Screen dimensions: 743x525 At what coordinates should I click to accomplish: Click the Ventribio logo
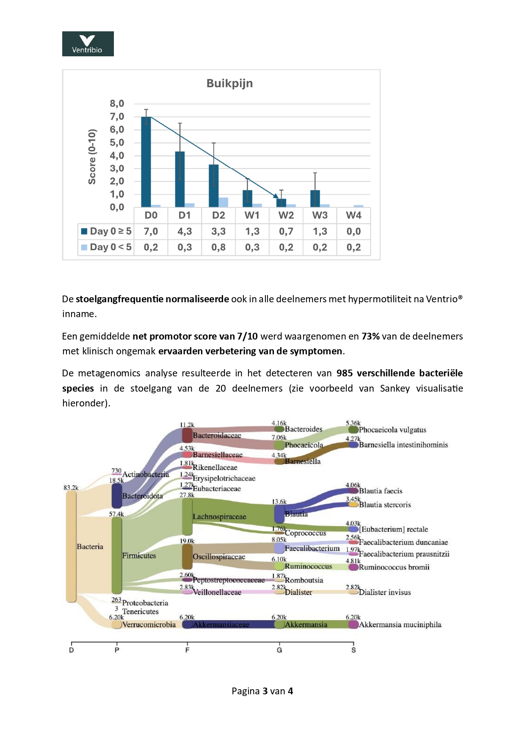coord(88,44)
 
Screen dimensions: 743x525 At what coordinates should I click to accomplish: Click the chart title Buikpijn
coord(229,83)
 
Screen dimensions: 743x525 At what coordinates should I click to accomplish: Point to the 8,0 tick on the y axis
coord(117,104)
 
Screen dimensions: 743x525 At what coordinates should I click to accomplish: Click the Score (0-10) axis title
coord(92,157)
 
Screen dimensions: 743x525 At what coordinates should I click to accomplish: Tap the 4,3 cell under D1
coord(185,232)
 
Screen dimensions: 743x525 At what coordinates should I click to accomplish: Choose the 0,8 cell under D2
coord(218,247)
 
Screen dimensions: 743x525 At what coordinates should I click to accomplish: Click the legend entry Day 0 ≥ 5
coord(106,232)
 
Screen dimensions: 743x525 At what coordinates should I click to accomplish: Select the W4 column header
coord(354,215)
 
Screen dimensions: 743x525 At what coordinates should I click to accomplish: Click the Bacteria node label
coord(90,547)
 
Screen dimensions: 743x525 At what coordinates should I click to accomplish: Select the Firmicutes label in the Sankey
coord(139,556)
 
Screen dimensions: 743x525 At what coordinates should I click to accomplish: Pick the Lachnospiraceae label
coord(219,517)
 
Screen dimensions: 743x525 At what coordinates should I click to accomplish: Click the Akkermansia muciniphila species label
coord(400,624)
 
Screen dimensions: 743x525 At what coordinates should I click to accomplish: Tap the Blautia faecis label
coord(380,491)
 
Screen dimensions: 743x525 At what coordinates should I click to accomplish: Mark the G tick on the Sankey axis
coord(279,649)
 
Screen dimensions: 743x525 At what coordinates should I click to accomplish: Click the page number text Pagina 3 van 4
coord(262,691)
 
